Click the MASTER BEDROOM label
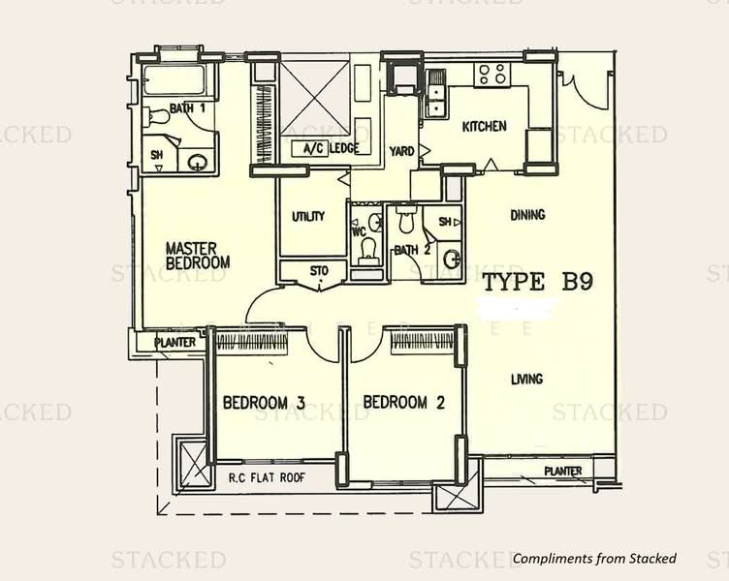click(x=198, y=256)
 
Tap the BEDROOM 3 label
click(x=264, y=402)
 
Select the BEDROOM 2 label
click(x=403, y=402)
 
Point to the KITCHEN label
click(x=484, y=126)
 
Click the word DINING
click(x=527, y=215)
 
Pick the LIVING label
click(x=526, y=379)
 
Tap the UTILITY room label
click(x=307, y=217)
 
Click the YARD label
click(x=401, y=151)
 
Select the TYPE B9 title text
click(x=538, y=282)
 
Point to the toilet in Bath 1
click(x=156, y=116)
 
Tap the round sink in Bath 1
click(x=196, y=162)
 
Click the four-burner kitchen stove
click(x=491, y=75)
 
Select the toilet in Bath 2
click(x=406, y=219)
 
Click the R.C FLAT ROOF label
click(x=267, y=477)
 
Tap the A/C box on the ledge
click(x=309, y=148)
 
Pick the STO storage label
click(x=319, y=271)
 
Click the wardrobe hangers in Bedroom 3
click(x=252, y=342)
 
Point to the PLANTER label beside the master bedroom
click(x=175, y=343)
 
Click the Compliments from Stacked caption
click(x=594, y=558)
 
